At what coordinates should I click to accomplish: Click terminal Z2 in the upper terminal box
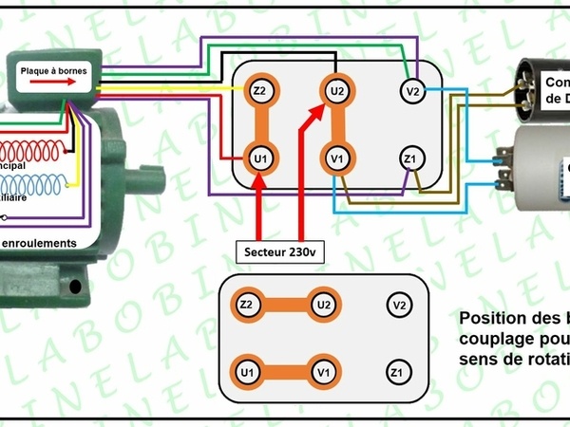259,92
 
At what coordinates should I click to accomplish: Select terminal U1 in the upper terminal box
259,157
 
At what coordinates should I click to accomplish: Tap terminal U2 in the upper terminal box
335,92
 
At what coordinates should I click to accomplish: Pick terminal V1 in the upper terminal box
335,157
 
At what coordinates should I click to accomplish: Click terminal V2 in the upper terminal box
410,92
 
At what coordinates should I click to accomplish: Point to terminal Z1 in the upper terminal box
410,157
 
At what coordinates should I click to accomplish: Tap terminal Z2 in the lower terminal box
247,306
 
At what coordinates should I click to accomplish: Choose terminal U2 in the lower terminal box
323,306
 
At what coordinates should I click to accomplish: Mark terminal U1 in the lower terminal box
247,370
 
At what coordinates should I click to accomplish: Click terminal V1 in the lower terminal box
323,370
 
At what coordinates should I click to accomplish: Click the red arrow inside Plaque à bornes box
51,84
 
